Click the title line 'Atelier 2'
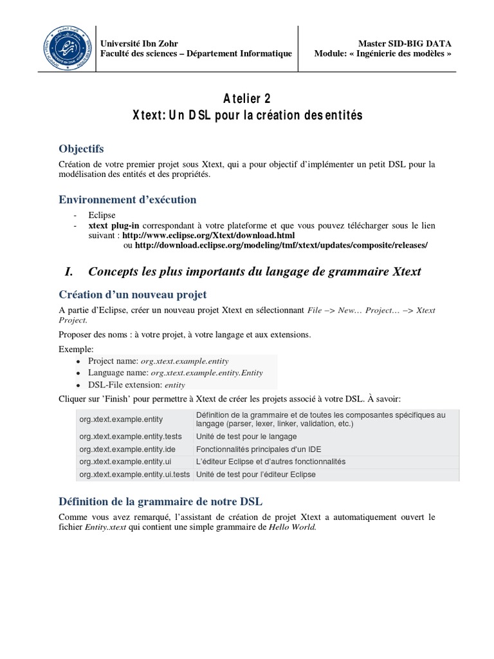tap(247, 98)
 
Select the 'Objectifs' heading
tap(80, 149)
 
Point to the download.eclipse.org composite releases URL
tap(281, 245)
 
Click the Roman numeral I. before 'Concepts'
tap(70, 272)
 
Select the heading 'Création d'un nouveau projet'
tap(133, 295)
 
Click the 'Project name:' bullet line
tap(158, 361)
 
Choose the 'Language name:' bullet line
tap(175, 373)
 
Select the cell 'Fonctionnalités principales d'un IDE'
tap(259, 449)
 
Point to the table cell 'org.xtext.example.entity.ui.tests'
tap(134, 475)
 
